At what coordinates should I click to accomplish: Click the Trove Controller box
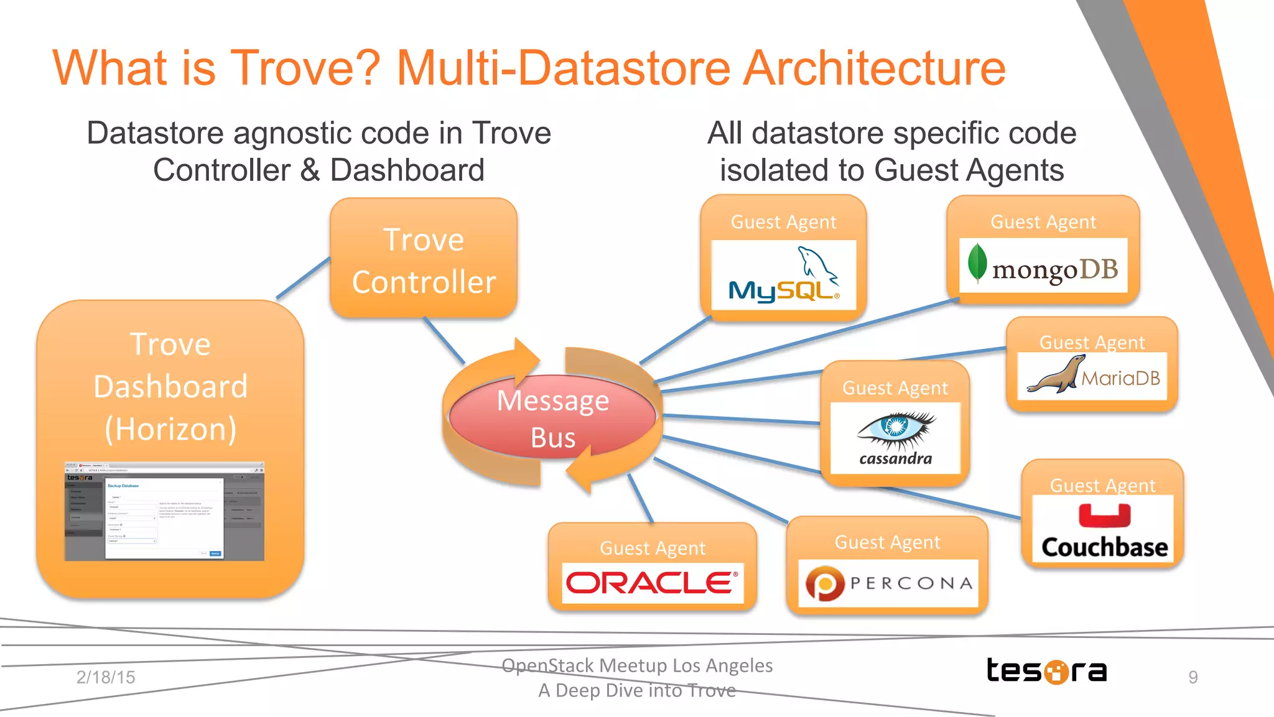424,259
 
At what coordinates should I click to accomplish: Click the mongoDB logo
1043,266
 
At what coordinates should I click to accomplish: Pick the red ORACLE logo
652,583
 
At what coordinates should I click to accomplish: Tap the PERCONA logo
888,583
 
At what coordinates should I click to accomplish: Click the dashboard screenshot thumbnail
164,511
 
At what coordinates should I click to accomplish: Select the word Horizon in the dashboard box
170,429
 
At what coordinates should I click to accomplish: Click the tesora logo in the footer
1046,671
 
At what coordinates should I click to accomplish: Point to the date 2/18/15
106,677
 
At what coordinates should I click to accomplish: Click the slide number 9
1193,677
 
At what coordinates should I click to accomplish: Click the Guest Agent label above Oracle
653,548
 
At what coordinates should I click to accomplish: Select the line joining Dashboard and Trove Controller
303,278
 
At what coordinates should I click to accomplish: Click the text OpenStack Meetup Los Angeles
637,665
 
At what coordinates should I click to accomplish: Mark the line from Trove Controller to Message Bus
444,340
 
